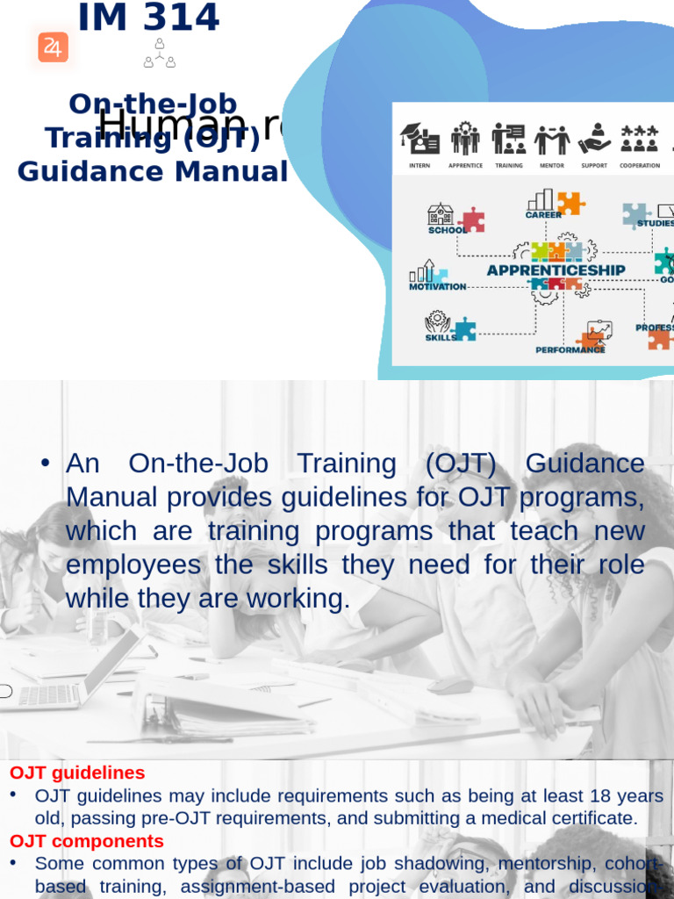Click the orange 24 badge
53,47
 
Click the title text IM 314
148,18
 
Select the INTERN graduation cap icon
419,139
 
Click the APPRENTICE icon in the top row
465,139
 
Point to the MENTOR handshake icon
552,139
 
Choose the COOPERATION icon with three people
639,138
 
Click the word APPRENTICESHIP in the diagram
556,270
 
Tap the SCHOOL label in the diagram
446,230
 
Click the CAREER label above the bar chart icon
543,214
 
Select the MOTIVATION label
437,286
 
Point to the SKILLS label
441,337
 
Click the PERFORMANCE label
570,349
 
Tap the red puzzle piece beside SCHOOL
472,219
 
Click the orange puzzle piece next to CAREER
570,203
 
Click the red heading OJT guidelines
77,773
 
